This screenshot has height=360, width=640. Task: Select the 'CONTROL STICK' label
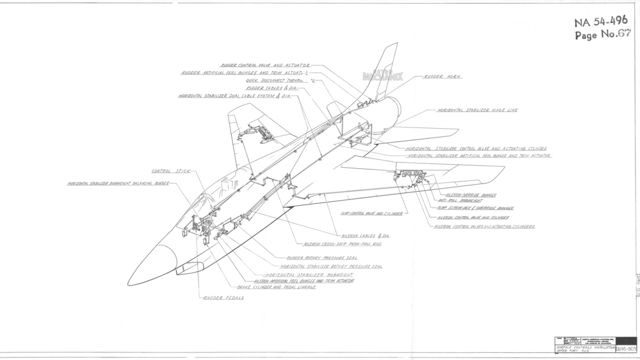point(171,171)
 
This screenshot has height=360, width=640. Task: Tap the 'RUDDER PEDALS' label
point(224,298)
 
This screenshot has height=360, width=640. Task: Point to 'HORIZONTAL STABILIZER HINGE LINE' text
point(477,110)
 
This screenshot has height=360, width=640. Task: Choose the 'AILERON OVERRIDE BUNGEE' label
point(471,195)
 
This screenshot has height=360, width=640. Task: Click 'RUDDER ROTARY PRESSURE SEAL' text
point(322,258)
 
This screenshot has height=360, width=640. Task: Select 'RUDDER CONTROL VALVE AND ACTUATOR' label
point(265,65)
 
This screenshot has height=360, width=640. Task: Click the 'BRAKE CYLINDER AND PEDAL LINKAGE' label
point(276,287)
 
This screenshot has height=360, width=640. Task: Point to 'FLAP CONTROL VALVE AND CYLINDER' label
point(371,214)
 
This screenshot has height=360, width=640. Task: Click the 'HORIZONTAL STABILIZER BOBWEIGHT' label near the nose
point(309,275)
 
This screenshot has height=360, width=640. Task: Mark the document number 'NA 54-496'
point(601,22)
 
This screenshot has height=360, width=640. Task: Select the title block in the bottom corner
point(595,344)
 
